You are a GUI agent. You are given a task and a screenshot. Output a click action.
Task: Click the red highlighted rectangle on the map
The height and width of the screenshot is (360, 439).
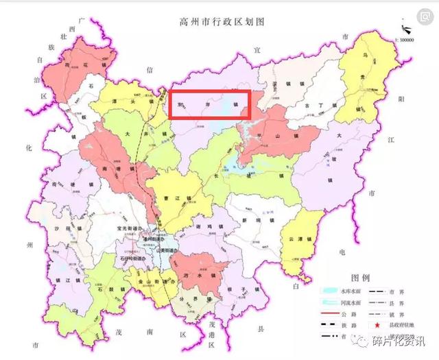point(211,106)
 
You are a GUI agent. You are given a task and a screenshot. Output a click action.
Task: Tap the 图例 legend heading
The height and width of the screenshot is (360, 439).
point(360,278)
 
